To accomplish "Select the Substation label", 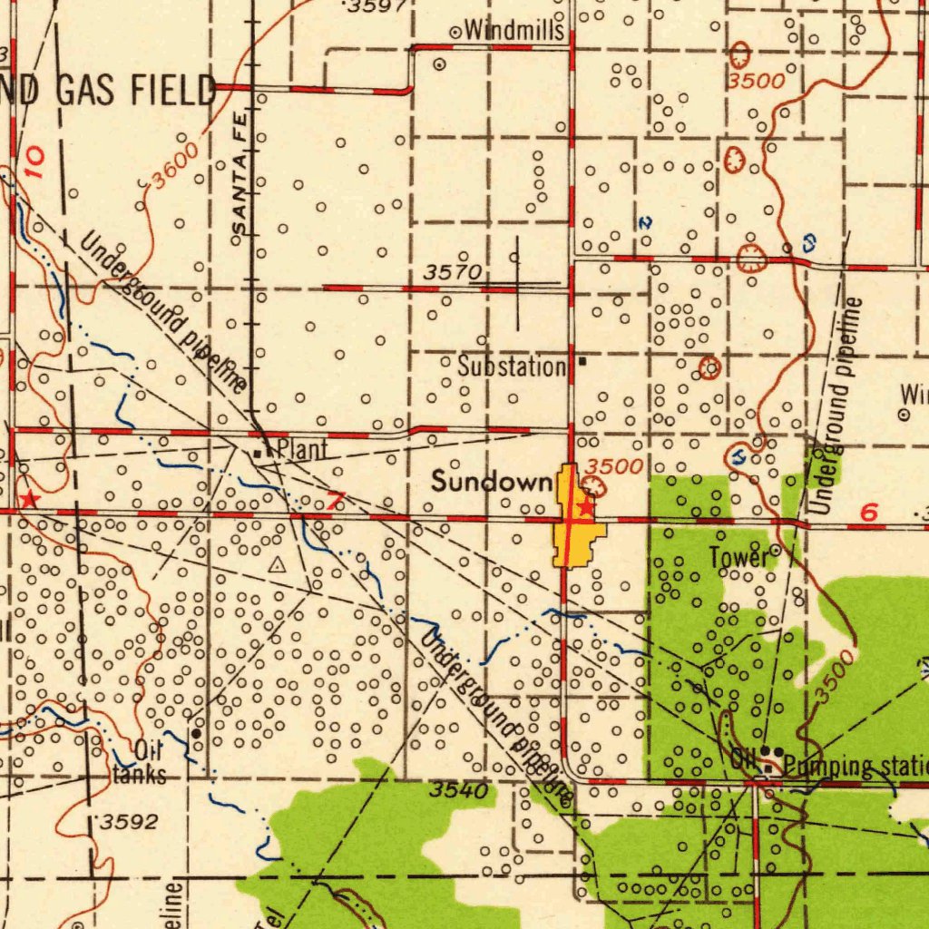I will (x=512, y=367).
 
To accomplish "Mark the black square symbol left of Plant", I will (x=259, y=453).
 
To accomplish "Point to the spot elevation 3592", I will (x=128, y=823).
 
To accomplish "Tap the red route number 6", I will (x=869, y=513).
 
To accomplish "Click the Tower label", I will (x=738, y=559).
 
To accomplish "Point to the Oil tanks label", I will (x=141, y=763).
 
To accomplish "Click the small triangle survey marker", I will (x=278, y=564).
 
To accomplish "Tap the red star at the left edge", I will (x=29, y=499).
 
